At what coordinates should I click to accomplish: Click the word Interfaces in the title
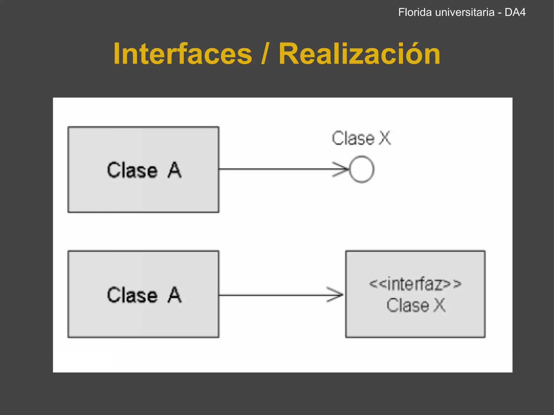[183, 54]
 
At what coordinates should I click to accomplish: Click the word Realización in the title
[359, 54]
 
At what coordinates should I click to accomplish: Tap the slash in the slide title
[265, 54]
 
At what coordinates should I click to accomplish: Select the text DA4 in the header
[515, 12]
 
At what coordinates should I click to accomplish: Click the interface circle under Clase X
[362, 169]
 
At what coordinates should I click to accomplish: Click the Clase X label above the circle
[361, 138]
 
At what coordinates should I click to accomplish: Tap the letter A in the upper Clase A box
[174, 170]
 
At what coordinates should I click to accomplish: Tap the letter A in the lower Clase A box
[174, 295]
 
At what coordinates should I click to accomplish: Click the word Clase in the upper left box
[132, 170]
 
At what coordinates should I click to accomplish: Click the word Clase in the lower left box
[132, 295]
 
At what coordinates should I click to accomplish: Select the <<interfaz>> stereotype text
[415, 284]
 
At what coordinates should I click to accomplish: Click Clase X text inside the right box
[416, 306]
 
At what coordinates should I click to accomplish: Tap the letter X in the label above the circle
[385, 138]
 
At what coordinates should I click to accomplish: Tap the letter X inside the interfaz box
[440, 306]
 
